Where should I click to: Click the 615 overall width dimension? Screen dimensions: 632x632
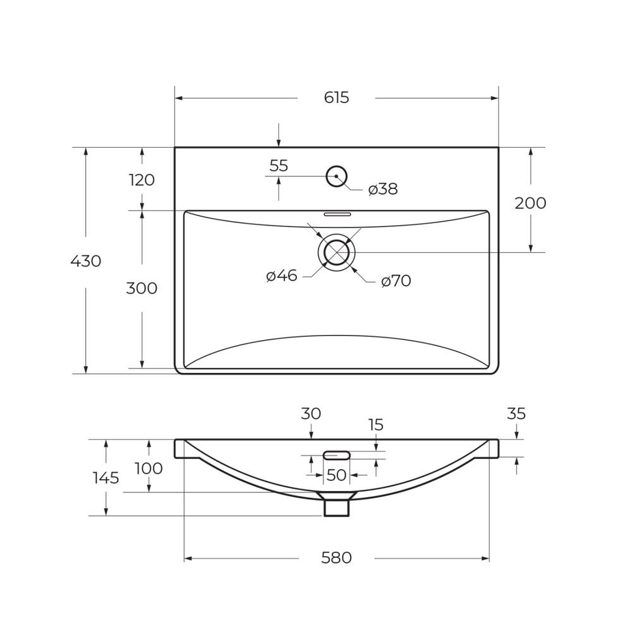pos(336,98)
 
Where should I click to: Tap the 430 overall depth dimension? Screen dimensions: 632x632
pos(86,260)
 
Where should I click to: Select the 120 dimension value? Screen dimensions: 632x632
pos(142,180)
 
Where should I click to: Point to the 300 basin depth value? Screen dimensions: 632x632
pos(142,288)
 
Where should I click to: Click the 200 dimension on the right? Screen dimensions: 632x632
pos(530,203)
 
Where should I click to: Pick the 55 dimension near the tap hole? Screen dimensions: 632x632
pos(279,166)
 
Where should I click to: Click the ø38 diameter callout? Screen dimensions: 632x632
pos(383,189)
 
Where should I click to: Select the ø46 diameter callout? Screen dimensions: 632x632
pos(282,276)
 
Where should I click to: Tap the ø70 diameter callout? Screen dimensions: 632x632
pos(396,281)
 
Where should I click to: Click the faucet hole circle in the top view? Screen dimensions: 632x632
pos(336,176)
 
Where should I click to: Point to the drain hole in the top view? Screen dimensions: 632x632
pos(336,252)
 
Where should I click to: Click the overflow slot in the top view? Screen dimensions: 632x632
pos(337,214)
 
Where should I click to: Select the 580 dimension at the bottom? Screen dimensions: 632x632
pos(336,558)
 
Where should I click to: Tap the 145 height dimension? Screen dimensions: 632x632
pos(106,478)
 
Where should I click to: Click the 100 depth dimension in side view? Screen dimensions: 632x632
pos(149,468)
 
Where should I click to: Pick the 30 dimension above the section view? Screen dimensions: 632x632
pos(311,414)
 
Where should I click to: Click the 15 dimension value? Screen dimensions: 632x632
pos(376,425)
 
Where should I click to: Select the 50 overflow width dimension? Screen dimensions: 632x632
pos(336,475)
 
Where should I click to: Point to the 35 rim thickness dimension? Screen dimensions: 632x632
pos(516,414)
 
